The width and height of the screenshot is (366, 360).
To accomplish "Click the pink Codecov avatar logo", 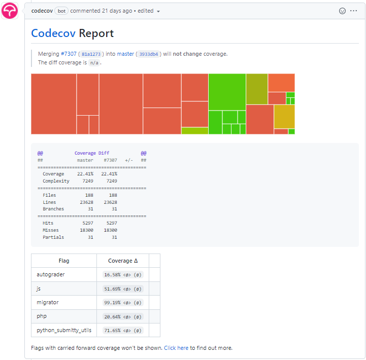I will tap(10, 11).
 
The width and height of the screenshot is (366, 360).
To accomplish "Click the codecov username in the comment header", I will tap(43, 11).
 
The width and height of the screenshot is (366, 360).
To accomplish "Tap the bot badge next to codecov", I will tap(62, 11).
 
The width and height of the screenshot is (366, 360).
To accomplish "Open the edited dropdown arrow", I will tap(158, 11).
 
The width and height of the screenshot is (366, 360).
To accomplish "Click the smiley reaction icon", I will tap(342, 11).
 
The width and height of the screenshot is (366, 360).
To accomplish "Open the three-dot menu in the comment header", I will tap(354, 11).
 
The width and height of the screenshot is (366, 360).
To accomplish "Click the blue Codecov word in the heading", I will tap(53, 33).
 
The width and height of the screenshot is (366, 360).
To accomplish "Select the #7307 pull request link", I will tap(69, 54).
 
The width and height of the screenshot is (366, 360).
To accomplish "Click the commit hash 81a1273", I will tap(91, 54).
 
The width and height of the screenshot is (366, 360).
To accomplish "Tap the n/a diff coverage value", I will tap(94, 63).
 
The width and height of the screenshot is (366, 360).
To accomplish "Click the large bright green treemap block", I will tap(227, 92).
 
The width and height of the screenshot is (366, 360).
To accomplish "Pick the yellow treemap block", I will tap(284, 116).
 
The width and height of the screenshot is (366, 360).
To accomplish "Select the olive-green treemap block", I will tap(257, 89).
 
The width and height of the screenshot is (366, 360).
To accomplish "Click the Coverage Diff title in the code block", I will tap(92, 153).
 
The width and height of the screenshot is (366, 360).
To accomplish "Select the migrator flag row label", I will tap(48, 302).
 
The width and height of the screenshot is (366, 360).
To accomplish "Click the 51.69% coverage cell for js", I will tap(122, 289).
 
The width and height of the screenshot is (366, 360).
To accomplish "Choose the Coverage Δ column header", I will tap(122, 261).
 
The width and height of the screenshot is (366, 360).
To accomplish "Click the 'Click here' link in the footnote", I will tap(176, 348).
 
